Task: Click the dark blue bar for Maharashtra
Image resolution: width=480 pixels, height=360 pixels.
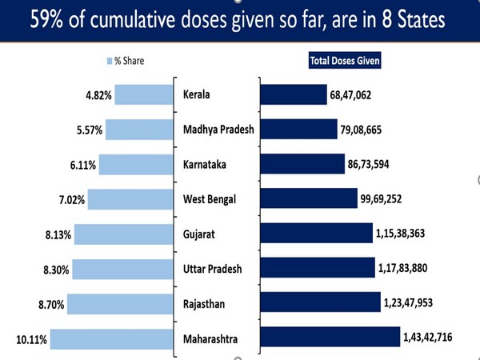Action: click(330, 337)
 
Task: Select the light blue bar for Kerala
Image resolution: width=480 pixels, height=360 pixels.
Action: click(145, 95)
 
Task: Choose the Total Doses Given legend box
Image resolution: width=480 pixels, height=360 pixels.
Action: click(346, 60)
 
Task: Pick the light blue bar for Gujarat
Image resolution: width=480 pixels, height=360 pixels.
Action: click(126, 234)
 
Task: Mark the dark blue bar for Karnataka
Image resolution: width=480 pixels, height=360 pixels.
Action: click(302, 164)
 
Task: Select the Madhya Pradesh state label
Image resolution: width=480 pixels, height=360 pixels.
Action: click(218, 130)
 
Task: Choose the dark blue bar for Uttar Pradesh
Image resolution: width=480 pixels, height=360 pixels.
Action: click(317, 268)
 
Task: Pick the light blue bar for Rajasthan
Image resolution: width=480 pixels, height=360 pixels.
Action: click(125, 302)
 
